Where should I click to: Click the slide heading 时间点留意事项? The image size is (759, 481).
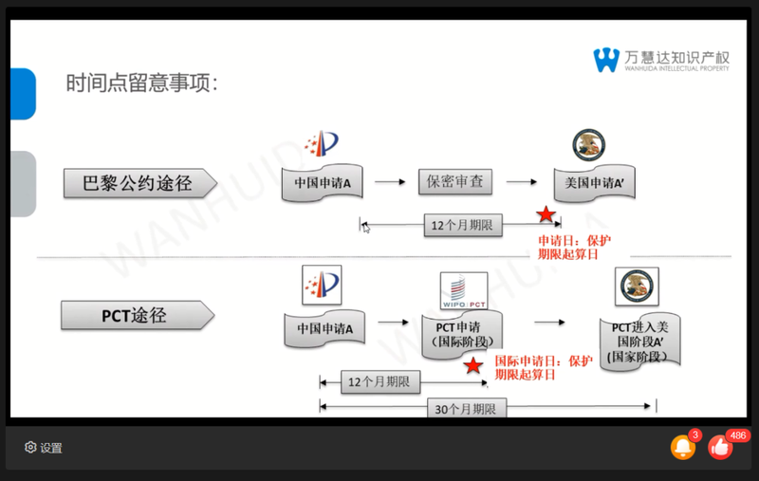[142, 84]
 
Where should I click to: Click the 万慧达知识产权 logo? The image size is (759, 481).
[661, 61]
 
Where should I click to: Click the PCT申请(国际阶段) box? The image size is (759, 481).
[462, 334]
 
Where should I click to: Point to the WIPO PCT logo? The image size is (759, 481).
[464, 290]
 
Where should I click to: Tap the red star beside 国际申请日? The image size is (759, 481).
[472, 366]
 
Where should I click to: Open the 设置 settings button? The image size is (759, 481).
[44, 448]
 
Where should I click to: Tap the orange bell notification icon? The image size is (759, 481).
[683, 447]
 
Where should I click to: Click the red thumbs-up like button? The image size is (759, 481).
[720, 448]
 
